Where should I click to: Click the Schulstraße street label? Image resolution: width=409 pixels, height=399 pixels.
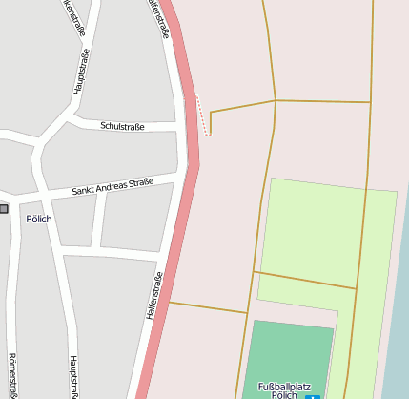pyautogui.click(x=122, y=126)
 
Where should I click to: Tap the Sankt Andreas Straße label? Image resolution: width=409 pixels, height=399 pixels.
pyautogui.click(x=112, y=187)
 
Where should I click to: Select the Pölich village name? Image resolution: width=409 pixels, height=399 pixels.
pyautogui.click(x=39, y=219)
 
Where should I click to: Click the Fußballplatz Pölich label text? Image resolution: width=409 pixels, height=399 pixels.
pyautogui.click(x=278, y=389)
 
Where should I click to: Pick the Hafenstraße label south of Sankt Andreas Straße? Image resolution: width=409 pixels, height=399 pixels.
pyautogui.click(x=155, y=295)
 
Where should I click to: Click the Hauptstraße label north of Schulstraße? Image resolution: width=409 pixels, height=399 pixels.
pyautogui.click(x=78, y=72)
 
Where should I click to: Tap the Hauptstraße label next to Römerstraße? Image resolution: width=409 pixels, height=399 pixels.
pyautogui.click(x=72, y=376)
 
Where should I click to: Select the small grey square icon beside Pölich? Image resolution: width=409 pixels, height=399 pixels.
pyautogui.click(x=4, y=208)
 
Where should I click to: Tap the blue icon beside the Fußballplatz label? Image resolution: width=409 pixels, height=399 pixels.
pyautogui.click(x=309, y=395)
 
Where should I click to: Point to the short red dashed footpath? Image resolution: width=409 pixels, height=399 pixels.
pyautogui.click(x=202, y=115)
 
